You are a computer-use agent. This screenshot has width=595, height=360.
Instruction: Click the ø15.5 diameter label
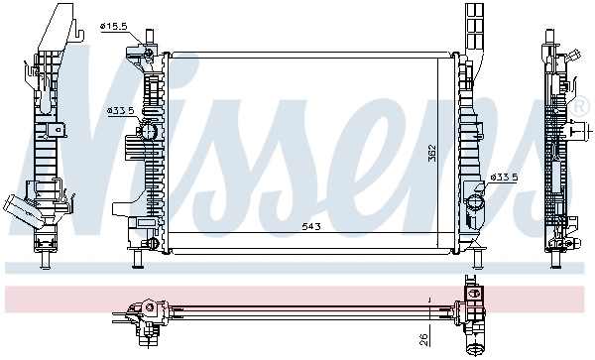click(x=115, y=27)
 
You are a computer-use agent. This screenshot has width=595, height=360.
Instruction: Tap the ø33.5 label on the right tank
click(x=505, y=178)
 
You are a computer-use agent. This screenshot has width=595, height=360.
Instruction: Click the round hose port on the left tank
click(x=149, y=130)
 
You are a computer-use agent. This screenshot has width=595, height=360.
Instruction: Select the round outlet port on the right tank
click(x=475, y=204)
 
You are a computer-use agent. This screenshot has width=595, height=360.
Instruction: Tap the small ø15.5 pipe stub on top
click(x=150, y=37)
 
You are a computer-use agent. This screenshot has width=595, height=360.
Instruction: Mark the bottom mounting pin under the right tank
click(x=477, y=259)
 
